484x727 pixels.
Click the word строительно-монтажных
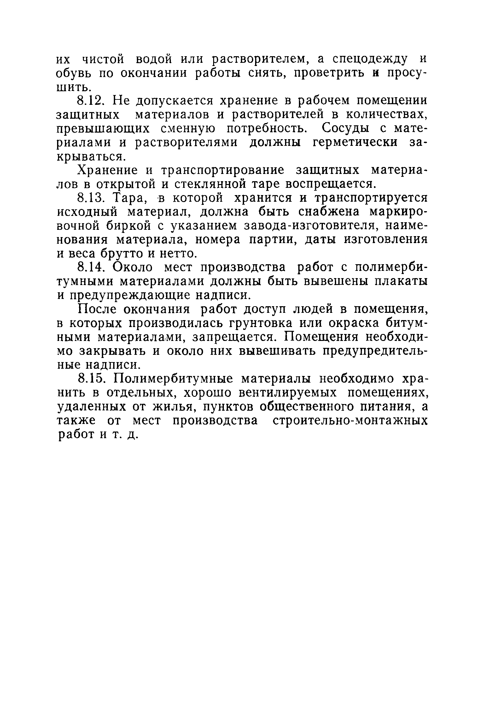[x=350, y=421]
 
